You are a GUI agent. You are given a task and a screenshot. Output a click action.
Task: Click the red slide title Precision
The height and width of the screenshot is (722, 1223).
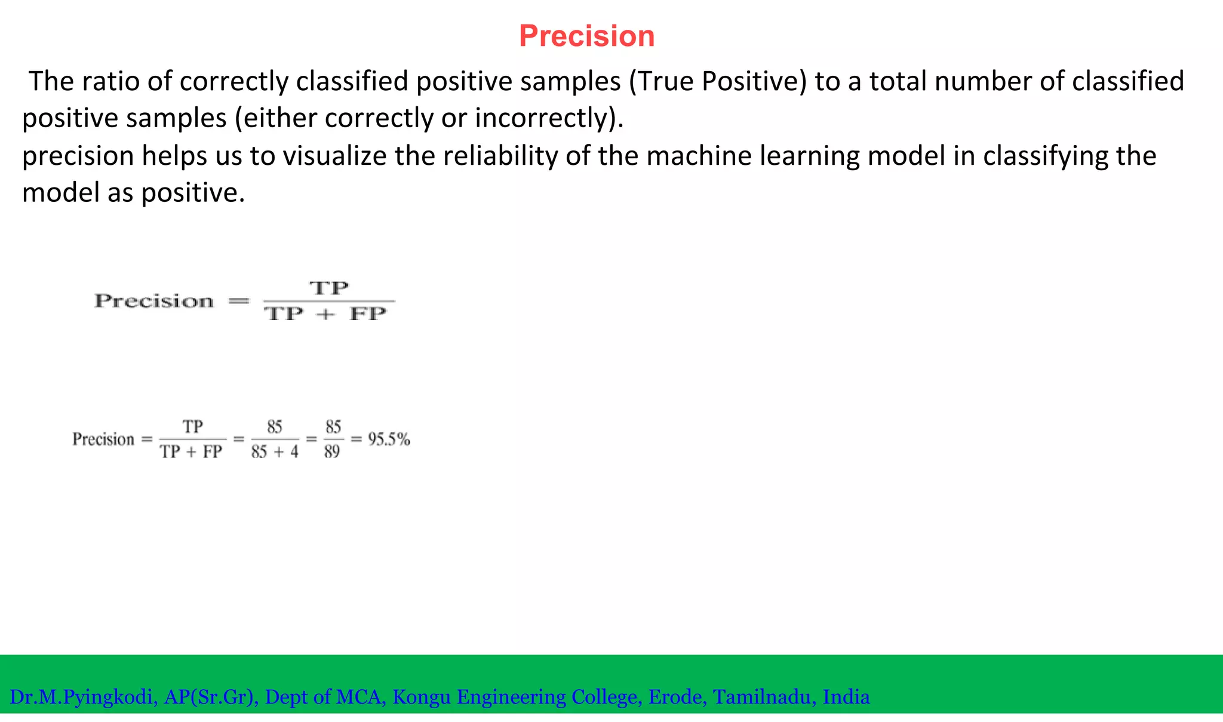click(586, 36)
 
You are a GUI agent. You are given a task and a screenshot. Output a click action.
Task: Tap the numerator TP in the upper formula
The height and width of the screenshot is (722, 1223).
click(329, 288)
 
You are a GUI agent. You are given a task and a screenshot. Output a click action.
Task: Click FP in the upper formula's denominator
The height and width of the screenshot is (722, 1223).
click(368, 314)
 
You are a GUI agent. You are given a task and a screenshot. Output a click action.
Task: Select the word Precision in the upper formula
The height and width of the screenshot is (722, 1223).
click(154, 301)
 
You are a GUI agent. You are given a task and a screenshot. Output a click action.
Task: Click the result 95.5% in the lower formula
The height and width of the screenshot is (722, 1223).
click(389, 440)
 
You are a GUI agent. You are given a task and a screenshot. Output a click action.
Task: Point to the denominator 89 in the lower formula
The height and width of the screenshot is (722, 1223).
click(332, 452)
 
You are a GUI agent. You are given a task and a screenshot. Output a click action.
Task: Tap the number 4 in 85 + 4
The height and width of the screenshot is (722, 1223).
click(294, 452)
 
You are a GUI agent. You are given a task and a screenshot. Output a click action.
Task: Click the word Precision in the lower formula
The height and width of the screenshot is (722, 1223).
click(103, 440)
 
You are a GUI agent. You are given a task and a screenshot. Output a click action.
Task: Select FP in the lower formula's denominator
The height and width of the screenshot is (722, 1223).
click(212, 452)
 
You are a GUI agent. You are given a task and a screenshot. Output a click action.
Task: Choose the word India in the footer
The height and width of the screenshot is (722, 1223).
click(846, 697)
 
